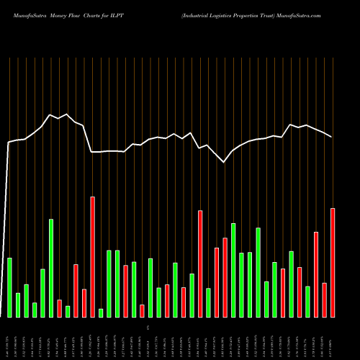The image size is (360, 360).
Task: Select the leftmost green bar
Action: pos(9,287)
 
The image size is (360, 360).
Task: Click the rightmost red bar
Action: pos(333,263)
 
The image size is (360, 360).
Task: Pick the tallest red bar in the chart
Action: pos(92,257)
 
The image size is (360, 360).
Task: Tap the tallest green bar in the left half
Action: pos(51,268)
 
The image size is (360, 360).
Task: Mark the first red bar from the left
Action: pos(59,308)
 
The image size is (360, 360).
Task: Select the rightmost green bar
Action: pos(307,302)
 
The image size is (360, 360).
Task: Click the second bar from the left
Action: pos(18,305)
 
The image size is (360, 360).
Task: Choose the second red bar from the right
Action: pos(324,300)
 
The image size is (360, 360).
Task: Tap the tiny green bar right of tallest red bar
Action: pos(101,312)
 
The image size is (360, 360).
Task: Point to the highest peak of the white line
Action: pos(50,114)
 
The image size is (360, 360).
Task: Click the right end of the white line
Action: pos(332,137)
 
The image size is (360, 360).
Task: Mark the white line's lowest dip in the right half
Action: pos(224,163)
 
